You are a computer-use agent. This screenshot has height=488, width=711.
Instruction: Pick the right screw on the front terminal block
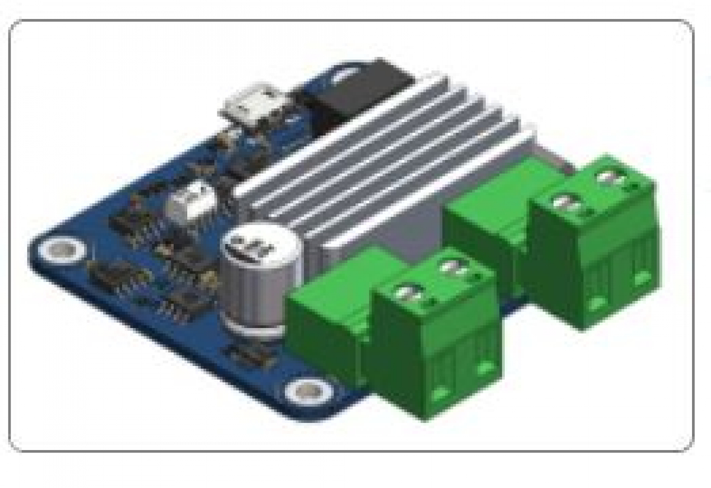[455, 270]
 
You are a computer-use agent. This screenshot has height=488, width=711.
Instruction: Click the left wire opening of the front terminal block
[440, 392]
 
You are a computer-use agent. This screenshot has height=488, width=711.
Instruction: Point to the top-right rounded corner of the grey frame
[687, 28]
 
